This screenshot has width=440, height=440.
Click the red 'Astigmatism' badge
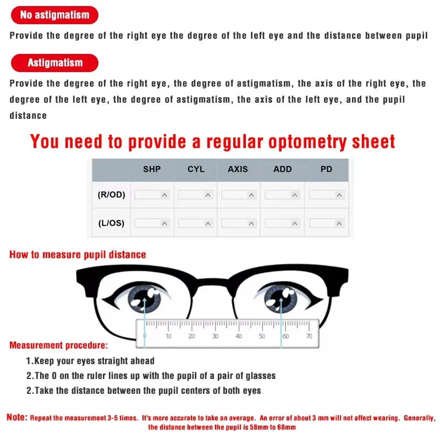pyautogui.click(x=54, y=63)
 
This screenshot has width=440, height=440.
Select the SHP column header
pyautogui.click(x=152, y=169)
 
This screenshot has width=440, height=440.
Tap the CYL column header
pyautogui.click(x=196, y=169)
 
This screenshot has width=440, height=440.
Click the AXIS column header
pyautogui.click(x=238, y=169)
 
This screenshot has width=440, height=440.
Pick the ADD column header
pyautogui.click(x=282, y=169)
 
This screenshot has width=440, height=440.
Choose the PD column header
pyautogui.click(x=326, y=169)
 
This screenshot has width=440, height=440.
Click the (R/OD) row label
pyautogui.click(x=111, y=195)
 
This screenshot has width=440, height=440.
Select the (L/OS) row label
pyautogui.click(x=111, y=223)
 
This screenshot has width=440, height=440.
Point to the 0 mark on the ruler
pyautogui.click(x=145, y=335)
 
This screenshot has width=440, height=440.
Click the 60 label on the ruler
pyautogui.click(x=285, y=335)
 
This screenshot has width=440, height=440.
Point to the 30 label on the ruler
pyautogui.click(x=215, y=335)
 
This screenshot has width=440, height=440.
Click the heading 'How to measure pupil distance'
pyautogui.click(x=78, y=255)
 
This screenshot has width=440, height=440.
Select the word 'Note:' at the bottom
pyautogui.click(x=16, y=417)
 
